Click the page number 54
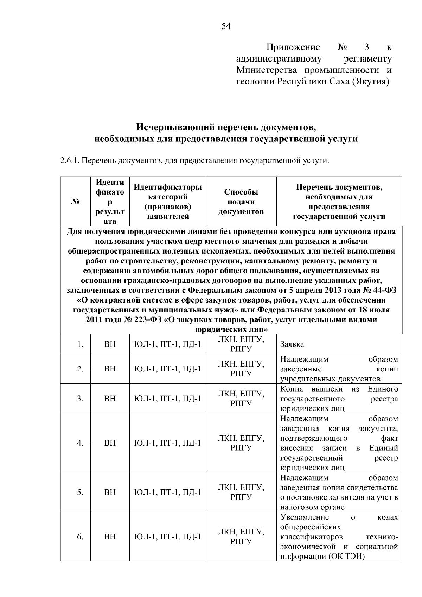pos(226,26)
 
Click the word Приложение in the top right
pos(293,47)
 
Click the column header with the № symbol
pos(75,202)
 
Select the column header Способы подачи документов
pos(241,202)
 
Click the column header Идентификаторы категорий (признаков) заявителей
pos(168,202)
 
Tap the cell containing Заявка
pos(292,344)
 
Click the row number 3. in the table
pos(80,399)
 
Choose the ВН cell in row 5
pos(110,492)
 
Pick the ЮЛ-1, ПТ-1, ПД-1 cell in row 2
pos(168,369)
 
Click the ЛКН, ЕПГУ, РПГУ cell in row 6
pos(241,536)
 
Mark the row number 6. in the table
pos(80,536)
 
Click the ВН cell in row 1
pos(110,344)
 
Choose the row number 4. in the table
pos(80,443)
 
